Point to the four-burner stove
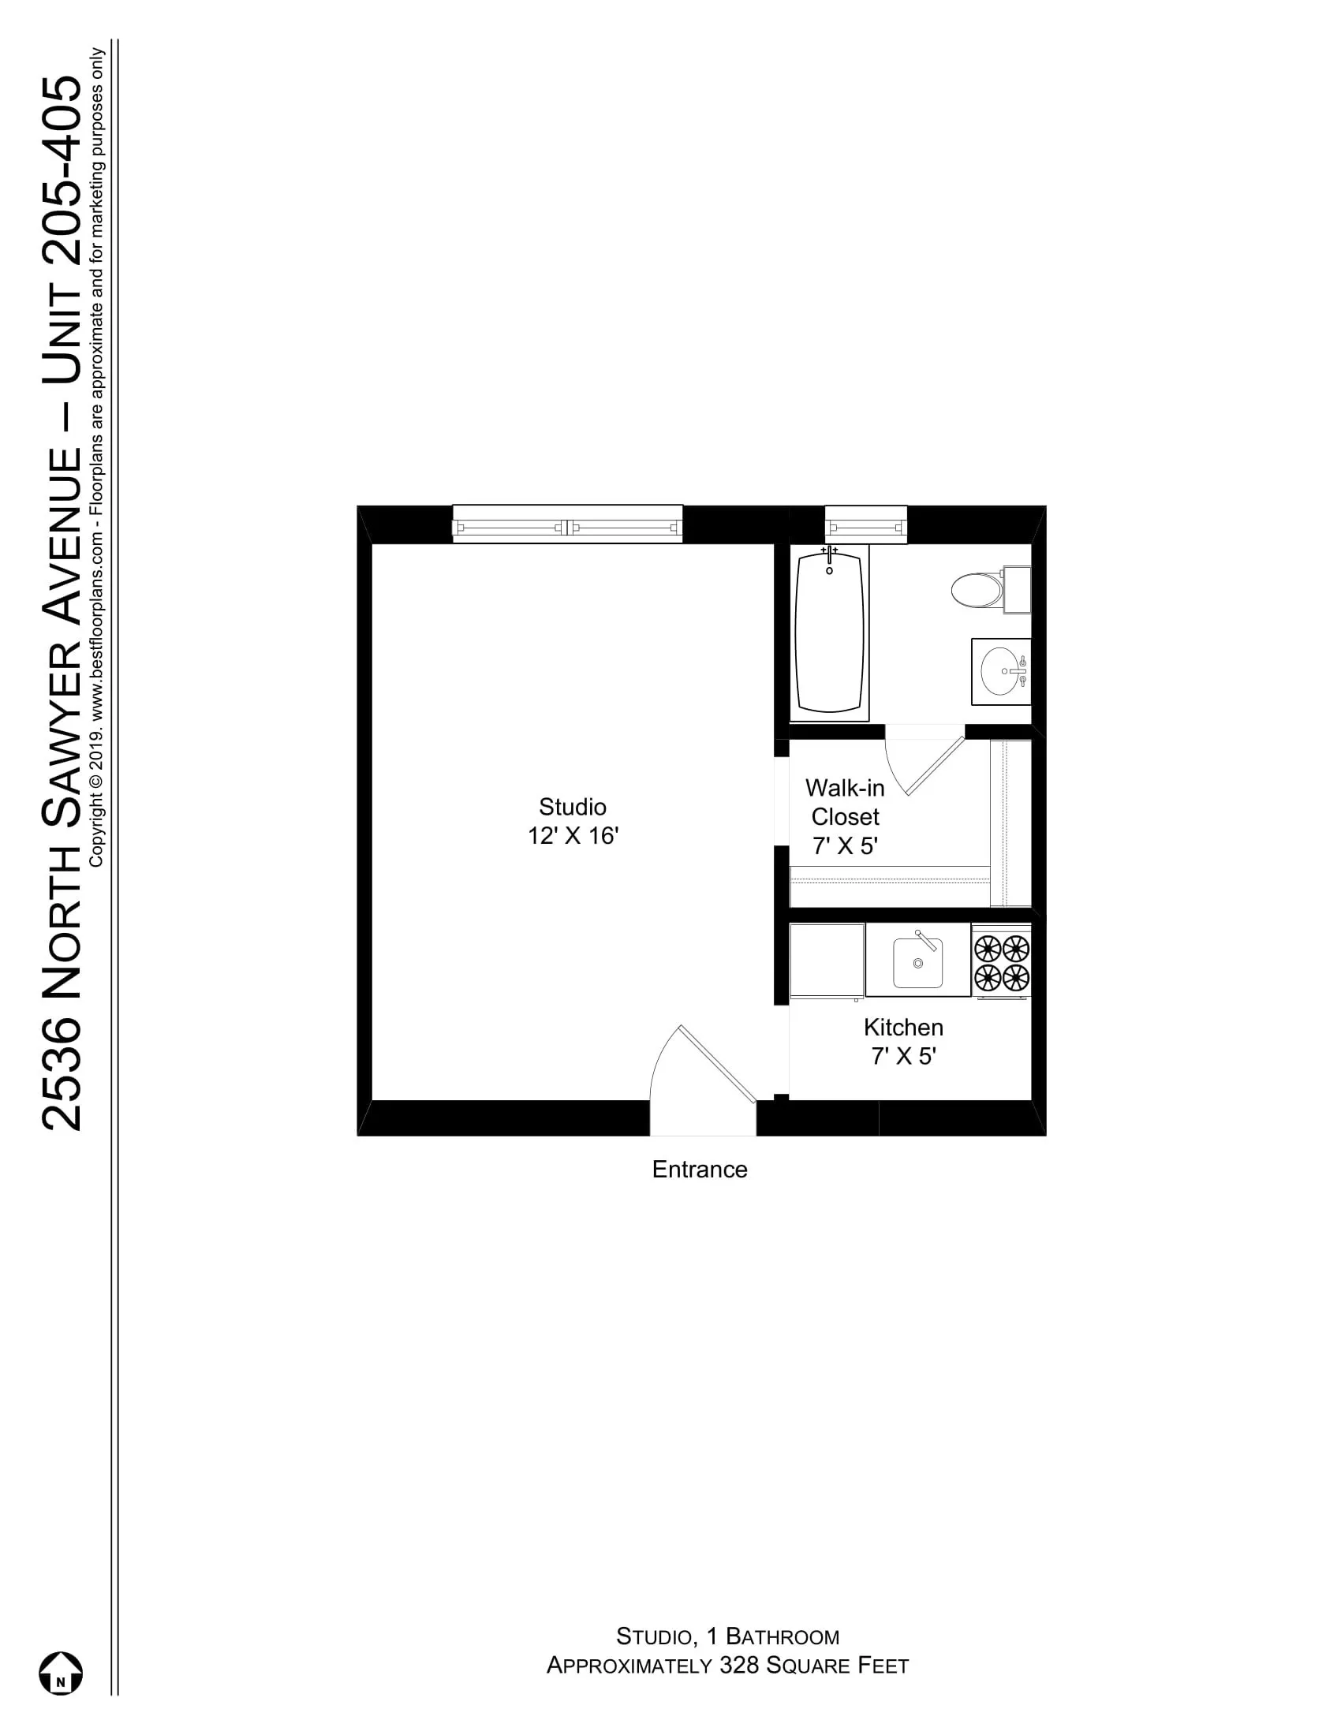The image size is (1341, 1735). click(1001, 961)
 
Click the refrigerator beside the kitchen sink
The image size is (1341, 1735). click(826, 960)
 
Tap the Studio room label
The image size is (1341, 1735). click(572, 807)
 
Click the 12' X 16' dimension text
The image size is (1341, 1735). click(572, 837)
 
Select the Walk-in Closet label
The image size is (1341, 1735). click(845, 802)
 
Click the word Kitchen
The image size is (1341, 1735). click(903, 1027)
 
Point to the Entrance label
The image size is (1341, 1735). click(699, 1170)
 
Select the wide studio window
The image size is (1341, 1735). click(567, 525)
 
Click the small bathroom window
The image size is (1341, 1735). click(865, 525)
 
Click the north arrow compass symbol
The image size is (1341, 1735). click(62, 1671)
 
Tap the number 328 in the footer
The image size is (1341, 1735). click(739, 1666)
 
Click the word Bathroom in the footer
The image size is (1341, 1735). click(782, 1636)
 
